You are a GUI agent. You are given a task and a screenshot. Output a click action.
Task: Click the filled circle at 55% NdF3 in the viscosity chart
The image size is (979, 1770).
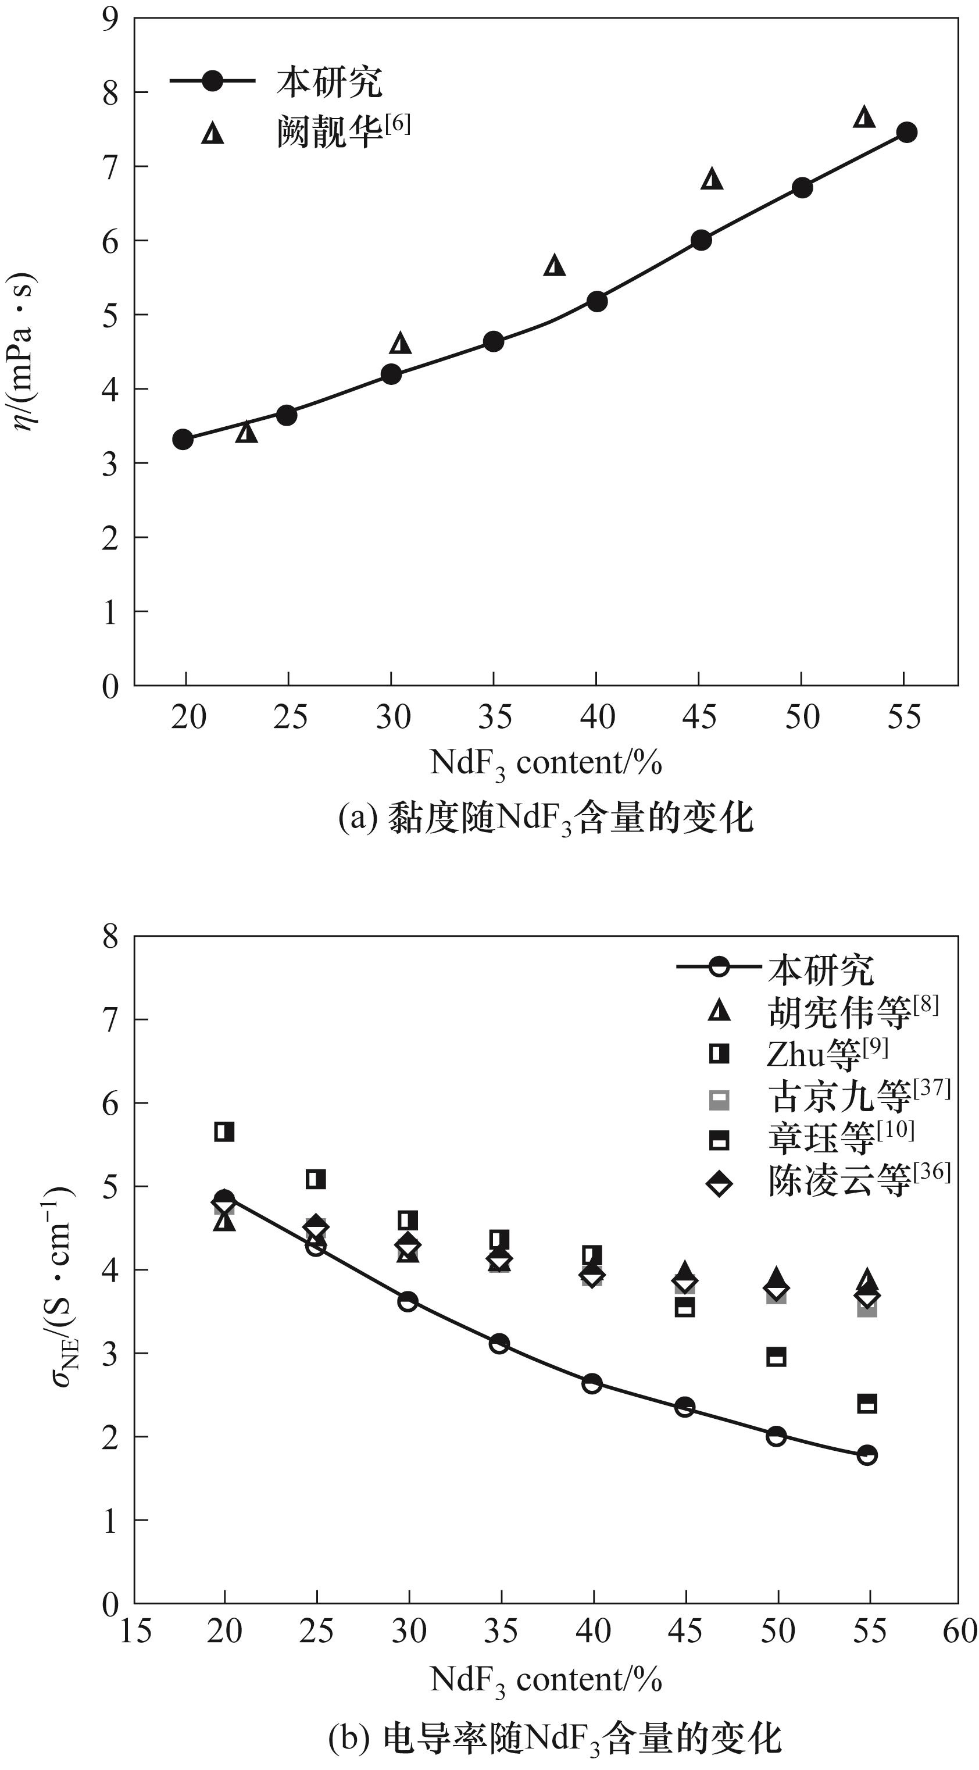[x=907, y=133]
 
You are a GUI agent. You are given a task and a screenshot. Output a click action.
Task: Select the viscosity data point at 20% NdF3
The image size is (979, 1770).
[x=183, y=439]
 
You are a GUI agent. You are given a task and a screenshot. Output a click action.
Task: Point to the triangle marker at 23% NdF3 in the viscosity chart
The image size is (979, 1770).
[x=246, y=432]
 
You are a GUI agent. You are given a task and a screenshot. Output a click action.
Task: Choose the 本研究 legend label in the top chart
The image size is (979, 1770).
[x=329, y=82]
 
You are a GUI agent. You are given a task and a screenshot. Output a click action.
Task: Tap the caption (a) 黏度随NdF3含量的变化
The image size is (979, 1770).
[x=546, y=818]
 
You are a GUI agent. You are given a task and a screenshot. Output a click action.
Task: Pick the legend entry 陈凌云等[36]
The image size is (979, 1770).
[x=858, y=1180]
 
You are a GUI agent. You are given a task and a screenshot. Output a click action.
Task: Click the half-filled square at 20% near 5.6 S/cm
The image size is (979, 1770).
[x=224, y=1132]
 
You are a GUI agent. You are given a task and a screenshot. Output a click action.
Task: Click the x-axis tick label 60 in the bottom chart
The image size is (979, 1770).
[x=959, y=1631]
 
